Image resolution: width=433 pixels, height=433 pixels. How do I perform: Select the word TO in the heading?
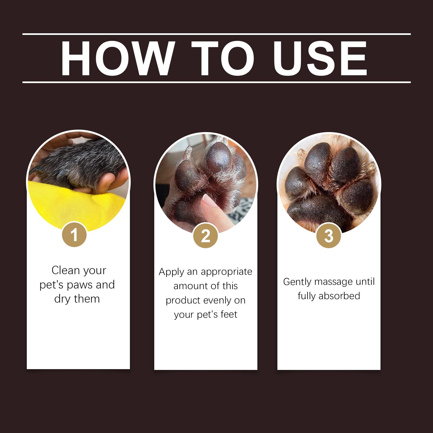click(223, 58)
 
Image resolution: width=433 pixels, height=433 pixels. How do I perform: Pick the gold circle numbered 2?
click(206, 236)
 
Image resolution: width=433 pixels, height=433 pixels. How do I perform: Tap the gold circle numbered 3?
click(329, 236)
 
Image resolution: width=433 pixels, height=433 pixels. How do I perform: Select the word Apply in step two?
click(172, 272)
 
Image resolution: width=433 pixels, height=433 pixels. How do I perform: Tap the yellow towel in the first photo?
click(73, 206)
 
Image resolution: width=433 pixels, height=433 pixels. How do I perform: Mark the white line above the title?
click(216, 34)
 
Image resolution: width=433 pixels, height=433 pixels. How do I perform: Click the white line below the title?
click(216, 82)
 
